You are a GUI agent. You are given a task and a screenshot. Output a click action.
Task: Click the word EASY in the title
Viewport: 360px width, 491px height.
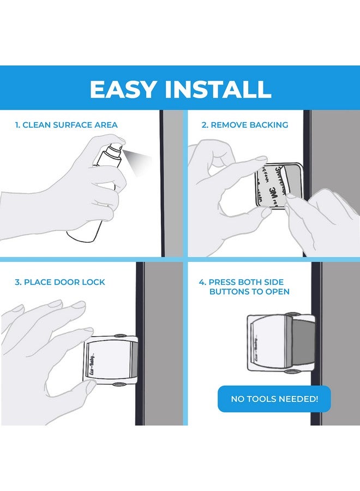click(124, 89)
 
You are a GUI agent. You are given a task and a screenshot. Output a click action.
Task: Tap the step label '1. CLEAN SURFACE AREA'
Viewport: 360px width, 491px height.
click(66, 125)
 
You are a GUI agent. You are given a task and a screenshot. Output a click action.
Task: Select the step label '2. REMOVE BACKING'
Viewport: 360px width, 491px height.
click(245, 125)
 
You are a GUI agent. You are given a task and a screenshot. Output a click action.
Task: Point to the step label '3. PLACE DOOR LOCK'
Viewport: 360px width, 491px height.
click(60, 282)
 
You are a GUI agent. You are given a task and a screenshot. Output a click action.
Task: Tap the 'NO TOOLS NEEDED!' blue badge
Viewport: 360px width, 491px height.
click(274, 399)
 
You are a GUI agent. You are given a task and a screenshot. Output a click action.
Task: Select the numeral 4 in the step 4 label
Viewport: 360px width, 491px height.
click(202, 282)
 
